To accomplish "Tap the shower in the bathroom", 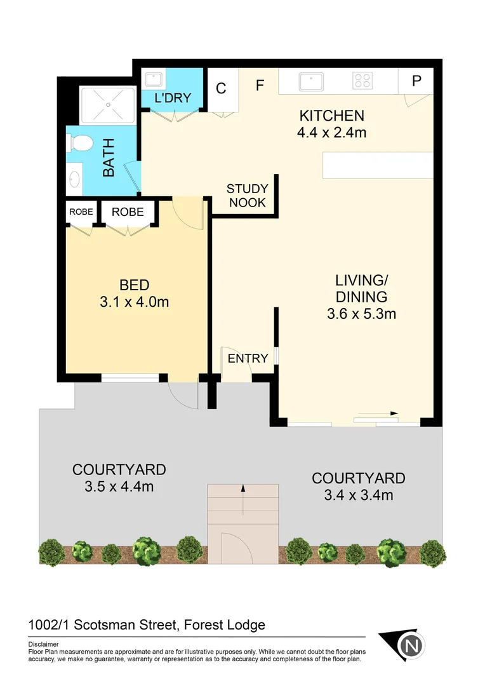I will click(x=107, y=105).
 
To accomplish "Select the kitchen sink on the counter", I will click(x=311, y=81).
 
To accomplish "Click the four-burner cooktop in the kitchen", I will click(x=362, y=81).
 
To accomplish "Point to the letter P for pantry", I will click(x=416, y=81).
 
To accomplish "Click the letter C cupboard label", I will click(x=221, y=88).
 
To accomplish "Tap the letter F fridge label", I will click(x=260, y=86).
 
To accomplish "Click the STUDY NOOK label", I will click(x=247, y=196).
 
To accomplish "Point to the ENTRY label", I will click(x=248, y=358).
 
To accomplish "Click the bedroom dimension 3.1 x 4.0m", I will click(x=134, y=302).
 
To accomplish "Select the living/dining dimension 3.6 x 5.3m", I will click(x=361, y=313).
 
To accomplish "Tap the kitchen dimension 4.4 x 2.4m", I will click(x=331, y=133).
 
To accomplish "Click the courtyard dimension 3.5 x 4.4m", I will click(x=119, y=487).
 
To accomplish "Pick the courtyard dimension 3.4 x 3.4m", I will click(x=358, y=495).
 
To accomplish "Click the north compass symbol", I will click(x=410, y=646).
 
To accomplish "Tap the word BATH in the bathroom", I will click(x=109, y=163).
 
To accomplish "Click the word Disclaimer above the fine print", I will click(x=43, y=643).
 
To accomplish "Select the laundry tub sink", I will click(x=153, y=80).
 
